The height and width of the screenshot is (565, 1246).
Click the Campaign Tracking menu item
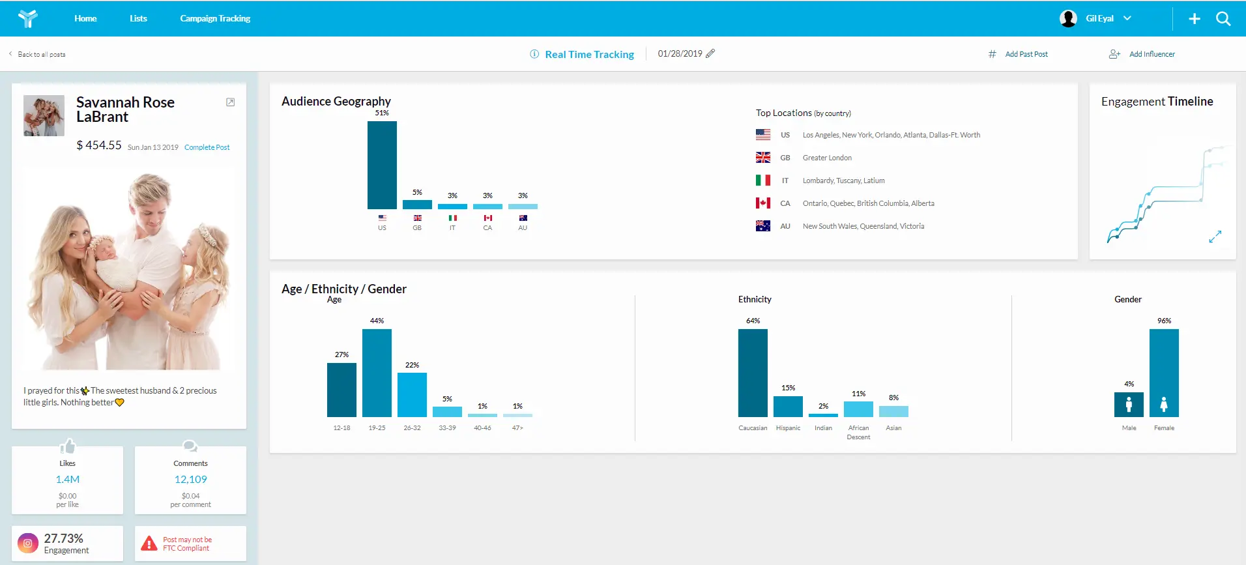tap(215, 18)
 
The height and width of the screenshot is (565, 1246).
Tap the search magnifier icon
tap(1223, 19)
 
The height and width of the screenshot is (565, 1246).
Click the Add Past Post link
tap(1026, 54)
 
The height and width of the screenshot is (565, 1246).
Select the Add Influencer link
tap(1152, 54)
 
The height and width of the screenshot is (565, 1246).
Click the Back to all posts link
tap(42, 55)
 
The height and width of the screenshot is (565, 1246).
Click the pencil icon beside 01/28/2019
tap(710, 53)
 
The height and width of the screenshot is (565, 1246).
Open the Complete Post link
tap(207, 147)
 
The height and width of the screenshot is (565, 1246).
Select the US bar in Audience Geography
tap(382, 165)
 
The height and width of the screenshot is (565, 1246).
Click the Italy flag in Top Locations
tap(763, 181)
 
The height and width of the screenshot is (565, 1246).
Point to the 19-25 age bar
tap(377, 373)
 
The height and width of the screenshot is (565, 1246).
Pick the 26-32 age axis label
tap(412, 428)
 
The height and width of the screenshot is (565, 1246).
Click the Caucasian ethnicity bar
tap(753, 373)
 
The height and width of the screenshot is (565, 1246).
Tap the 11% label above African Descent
tap(858, 394)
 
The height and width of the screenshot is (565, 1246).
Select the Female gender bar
tap(1164, 373)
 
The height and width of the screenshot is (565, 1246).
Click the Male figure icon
tap(1129, 405)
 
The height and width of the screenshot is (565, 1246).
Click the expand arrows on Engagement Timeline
tap(1215, 237)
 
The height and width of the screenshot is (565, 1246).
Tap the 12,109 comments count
tap(190, 479)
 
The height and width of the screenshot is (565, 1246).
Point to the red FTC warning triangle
tap(149, 543)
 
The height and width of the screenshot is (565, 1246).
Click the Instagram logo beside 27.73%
tap(27, 543)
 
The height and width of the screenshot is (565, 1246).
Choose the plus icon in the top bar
tap(1195, 19)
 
